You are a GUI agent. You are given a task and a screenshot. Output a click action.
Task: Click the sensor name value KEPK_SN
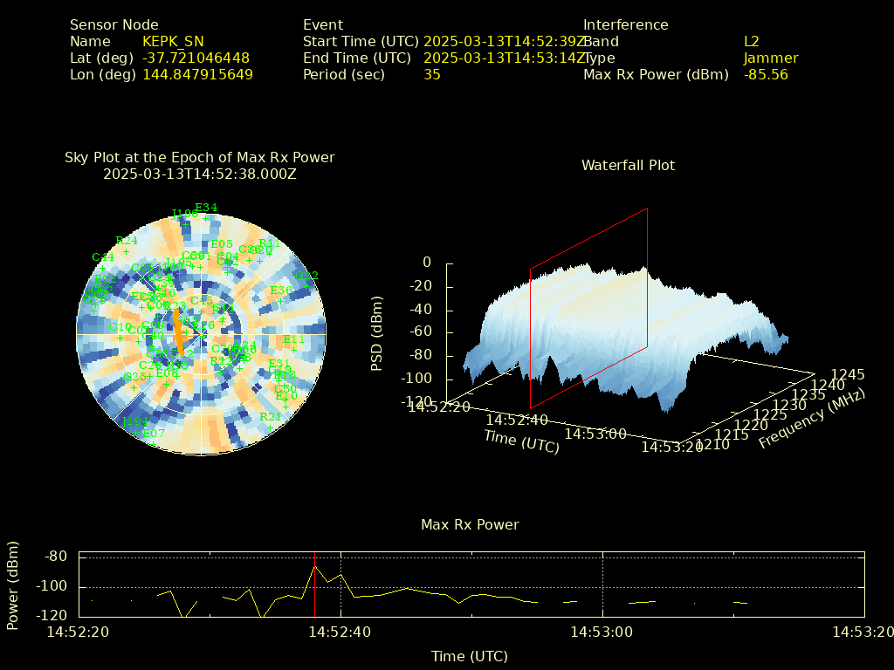click(x=173, y=41)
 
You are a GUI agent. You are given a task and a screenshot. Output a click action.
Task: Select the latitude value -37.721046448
click(x=196, y=58)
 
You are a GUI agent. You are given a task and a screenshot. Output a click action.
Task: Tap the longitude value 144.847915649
click(x=197, y=74)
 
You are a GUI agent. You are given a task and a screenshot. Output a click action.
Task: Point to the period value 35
click(x=432, y=74)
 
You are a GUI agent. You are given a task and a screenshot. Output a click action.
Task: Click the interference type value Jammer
click(x=771, y=58)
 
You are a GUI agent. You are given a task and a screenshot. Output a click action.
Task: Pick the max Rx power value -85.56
click(x=766, y=74)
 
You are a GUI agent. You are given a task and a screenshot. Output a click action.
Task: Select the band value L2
click(x=752, y=41)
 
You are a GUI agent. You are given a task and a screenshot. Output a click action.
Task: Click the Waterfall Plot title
click(x=628, y=165)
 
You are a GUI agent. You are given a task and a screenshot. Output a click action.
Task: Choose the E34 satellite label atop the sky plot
click(x=206, y=208)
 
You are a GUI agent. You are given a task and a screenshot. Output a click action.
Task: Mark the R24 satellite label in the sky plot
click(x=127, y=241)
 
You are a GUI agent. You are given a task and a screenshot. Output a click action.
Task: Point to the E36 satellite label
click(x=281, y=291)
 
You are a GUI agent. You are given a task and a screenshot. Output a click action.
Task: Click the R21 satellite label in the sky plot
click(x=271, y=417)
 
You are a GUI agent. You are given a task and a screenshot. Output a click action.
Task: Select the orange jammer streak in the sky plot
click(x=178, y=333)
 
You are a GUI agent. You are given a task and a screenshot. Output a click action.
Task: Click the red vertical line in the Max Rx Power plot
click(x=314, y=585)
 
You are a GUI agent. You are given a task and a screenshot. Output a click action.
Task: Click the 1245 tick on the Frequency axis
click(x=848, y=375)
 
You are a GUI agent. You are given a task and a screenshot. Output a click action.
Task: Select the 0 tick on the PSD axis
click(x=427, y=262)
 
